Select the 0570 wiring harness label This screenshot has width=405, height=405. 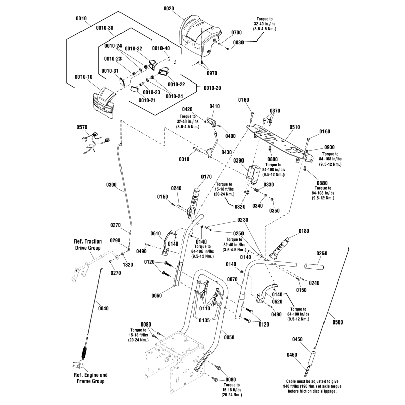82,127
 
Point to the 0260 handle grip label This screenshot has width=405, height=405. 321,253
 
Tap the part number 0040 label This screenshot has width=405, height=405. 103,308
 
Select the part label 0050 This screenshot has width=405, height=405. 229,337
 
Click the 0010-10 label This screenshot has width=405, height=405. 83,77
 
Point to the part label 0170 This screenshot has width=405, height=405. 206,177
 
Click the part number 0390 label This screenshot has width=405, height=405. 239,159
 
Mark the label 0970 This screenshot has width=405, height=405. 212,73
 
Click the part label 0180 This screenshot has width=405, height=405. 304,231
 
